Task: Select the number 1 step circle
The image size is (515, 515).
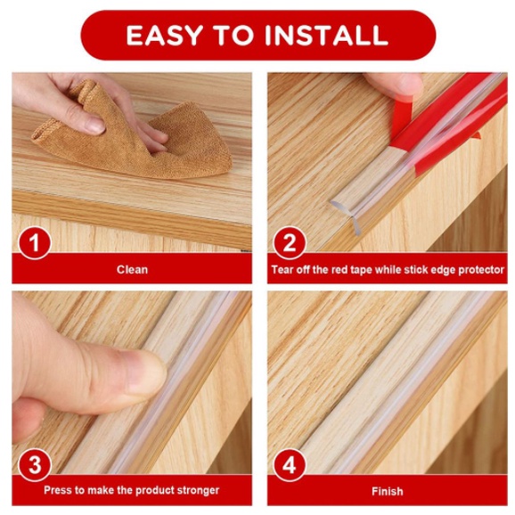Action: point(34,243)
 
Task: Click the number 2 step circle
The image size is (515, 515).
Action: point(289,243)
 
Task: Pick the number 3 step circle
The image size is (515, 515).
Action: point(34,465)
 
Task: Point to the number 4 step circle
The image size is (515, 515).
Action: point(289,465)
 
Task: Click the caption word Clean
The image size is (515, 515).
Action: point(132,270)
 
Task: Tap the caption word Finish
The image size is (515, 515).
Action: point(388,491)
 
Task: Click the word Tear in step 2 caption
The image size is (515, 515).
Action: point(282,270)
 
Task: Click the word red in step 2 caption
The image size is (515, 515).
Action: point(338,270)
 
